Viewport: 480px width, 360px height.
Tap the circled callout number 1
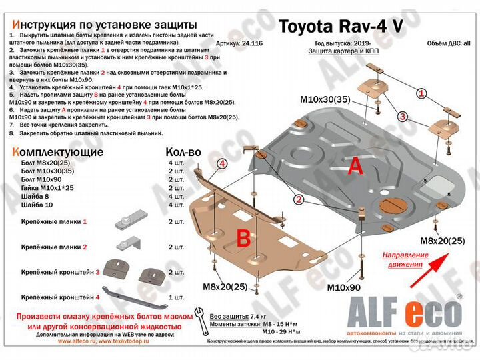pyautogui.click(x=421, y=94)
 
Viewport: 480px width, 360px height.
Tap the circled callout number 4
pyautogui.click(x=222, y=163)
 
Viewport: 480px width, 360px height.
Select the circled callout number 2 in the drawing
pyautogui.click(x=299, y=199)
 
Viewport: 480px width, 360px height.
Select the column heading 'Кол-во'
pyautogui.click(x=183, y=151)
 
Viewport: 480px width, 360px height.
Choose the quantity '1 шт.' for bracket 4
pyautogui.click(x=176, y=296)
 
